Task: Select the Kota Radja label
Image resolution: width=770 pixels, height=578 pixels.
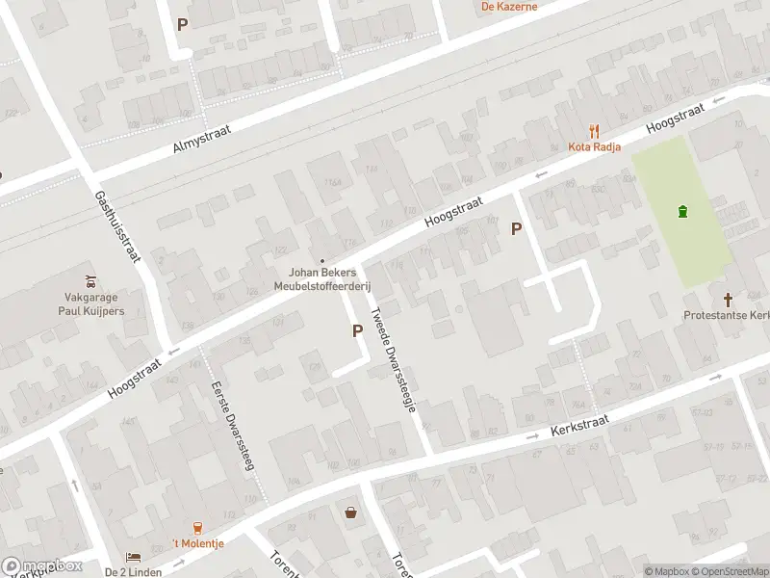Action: [x=594, y=146]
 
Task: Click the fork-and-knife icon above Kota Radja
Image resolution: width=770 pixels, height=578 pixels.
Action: [x=595, y=131]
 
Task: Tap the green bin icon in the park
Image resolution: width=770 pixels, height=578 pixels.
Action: [x=683, y=212]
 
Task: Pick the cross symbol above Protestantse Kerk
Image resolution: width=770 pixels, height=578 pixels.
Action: [x=729, y=300]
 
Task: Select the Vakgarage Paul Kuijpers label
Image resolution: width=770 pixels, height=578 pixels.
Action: [x=89, y=304]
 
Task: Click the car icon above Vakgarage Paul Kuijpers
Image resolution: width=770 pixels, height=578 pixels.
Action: [x=90, y=282]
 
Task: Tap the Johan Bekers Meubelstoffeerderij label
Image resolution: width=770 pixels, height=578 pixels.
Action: [x=323, y=278]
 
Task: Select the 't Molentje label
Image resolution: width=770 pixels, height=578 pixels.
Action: [x=198, y=543]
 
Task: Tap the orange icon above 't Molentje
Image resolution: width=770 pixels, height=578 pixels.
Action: [x=198, y=527]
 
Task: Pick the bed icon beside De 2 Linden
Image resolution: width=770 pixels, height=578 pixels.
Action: [x=133, y=558]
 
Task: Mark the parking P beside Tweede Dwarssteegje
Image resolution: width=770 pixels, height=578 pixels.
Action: [x=357, y=330]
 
